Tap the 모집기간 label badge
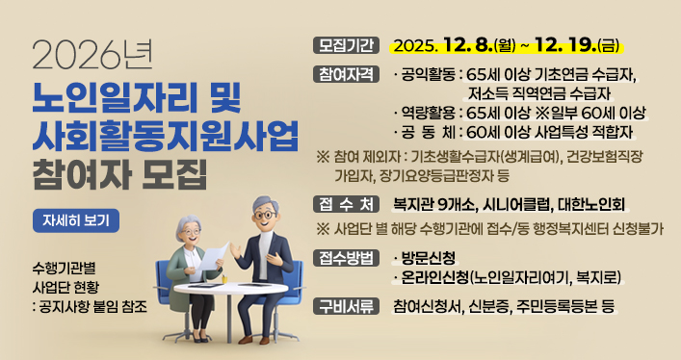point(345,44)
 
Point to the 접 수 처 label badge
point(345,203)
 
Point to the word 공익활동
point(430,75)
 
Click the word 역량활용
point(430,113)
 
